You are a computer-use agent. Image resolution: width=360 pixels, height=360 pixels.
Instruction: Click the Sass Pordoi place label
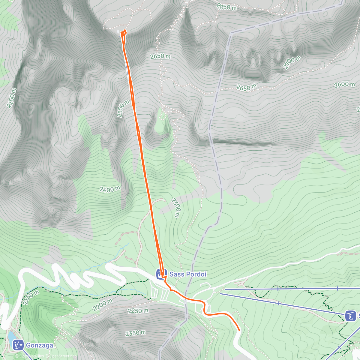(188, 274)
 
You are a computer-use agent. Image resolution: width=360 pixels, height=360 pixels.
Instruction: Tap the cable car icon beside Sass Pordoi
(161, 274)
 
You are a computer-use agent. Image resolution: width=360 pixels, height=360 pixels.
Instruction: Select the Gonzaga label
(40, 345)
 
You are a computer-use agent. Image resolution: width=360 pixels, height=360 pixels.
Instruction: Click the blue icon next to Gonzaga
(18, 345)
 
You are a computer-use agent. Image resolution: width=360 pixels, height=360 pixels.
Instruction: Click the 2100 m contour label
(292, 63)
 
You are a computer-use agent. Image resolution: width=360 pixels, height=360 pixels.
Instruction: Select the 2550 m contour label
(123, 109)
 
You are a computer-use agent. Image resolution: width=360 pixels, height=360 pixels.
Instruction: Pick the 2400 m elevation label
(110, 189)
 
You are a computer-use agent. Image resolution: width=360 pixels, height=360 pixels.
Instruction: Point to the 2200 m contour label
(102, 305)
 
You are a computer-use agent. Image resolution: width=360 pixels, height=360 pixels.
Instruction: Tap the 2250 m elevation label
(138, 311)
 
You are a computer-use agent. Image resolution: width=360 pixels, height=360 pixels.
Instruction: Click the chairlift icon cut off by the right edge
(350, 316)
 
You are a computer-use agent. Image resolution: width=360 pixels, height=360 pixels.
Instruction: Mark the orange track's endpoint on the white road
(239, 330)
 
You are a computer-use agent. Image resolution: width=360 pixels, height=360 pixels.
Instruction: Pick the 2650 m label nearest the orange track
(160, 56)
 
